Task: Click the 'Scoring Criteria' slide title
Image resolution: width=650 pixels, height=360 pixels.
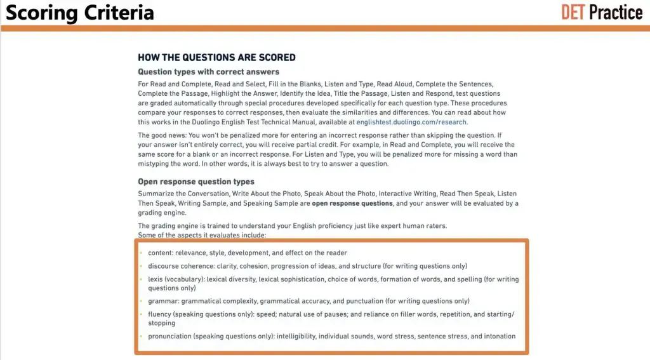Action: (x=80, y=13)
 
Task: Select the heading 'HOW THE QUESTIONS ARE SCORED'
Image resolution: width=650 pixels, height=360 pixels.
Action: (x=216, y=57)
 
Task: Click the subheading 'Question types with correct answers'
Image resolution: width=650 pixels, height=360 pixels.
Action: (x=208, y=72)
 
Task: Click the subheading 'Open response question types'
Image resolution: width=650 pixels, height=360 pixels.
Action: (x=196, y=182)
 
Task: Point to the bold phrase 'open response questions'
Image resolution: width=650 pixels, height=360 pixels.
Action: (x=352, y=203)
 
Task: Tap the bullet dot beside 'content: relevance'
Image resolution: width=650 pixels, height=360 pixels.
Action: (x=141, y=253)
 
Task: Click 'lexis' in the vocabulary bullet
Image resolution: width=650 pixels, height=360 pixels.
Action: (x=156, y=279)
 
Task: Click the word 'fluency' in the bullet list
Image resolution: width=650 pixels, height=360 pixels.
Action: (x=159, y=314)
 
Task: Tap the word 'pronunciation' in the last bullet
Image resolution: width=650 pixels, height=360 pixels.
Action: (x=169, y=336)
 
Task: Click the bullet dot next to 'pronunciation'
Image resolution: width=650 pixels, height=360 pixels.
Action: (x=141, y=336)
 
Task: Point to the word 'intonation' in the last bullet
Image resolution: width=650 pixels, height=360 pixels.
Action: (x=499, y=336)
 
